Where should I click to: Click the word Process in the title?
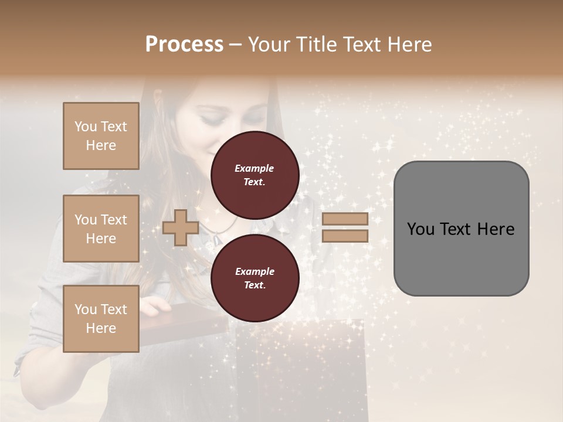coord(184,45)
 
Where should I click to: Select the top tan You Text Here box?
coord(101,136)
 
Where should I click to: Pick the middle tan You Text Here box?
coord(101,229)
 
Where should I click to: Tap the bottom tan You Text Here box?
coord(101,319)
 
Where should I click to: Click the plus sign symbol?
coord(181,227)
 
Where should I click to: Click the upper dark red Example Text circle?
coord(255,175)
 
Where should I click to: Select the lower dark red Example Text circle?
coord(255,278)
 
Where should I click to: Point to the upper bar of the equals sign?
coord(345,219)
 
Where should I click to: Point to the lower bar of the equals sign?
coord(345,236)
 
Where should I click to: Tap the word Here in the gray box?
coord(496,229)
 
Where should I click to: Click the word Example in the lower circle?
coord(255,271)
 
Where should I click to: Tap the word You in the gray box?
coord(420,229)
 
